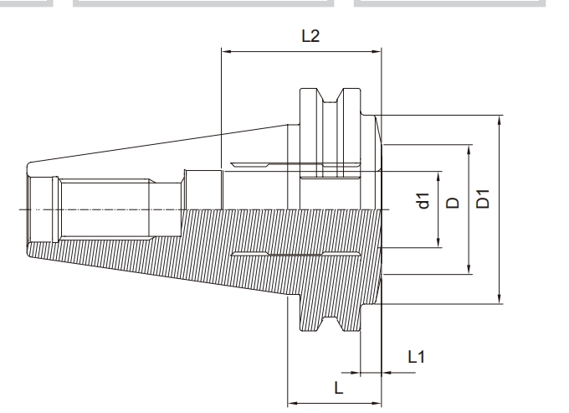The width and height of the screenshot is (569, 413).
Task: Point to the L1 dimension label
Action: click(416, 356)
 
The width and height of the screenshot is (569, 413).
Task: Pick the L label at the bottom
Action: click(336, 390)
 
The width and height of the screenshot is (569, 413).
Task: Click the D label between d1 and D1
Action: click(452, 202)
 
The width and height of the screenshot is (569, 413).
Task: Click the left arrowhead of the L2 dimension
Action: click(225, 53)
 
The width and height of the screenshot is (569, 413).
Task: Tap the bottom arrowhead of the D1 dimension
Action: click(500, 300)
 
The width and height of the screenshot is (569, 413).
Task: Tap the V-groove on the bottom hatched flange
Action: click(332, 322)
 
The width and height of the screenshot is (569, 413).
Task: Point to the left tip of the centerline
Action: click(14, 208)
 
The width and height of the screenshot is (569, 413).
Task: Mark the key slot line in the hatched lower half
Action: click(293, 252)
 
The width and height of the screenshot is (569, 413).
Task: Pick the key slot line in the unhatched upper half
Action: click(293, 164)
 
